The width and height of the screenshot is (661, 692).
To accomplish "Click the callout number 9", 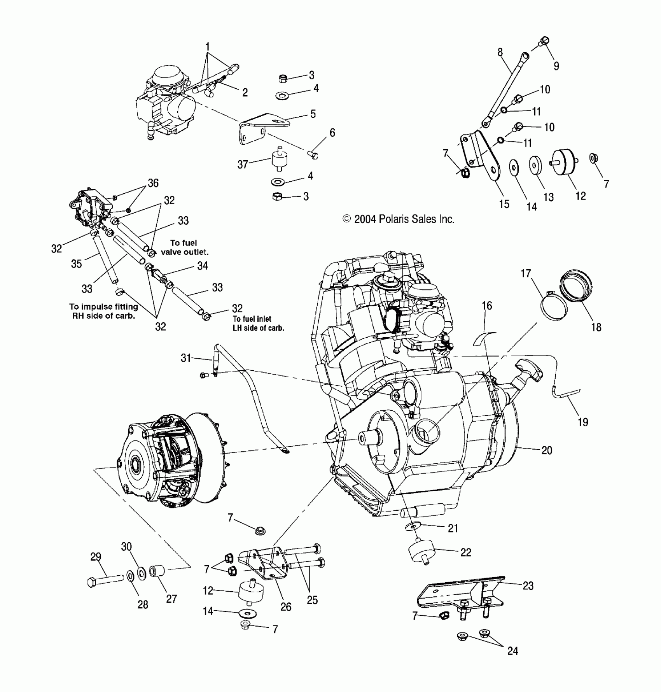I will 556,66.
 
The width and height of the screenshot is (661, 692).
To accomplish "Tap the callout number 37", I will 243,165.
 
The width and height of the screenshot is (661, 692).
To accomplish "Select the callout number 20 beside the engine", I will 546,450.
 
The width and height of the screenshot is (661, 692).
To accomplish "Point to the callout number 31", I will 186,357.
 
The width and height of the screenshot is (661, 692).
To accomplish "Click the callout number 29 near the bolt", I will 96,557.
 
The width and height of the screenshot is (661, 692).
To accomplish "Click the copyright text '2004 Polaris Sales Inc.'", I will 398,219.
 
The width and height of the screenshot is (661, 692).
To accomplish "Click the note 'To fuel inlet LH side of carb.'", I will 258,323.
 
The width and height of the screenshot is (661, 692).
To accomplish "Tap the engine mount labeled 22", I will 421,552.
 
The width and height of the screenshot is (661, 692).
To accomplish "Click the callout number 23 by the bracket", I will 528,586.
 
